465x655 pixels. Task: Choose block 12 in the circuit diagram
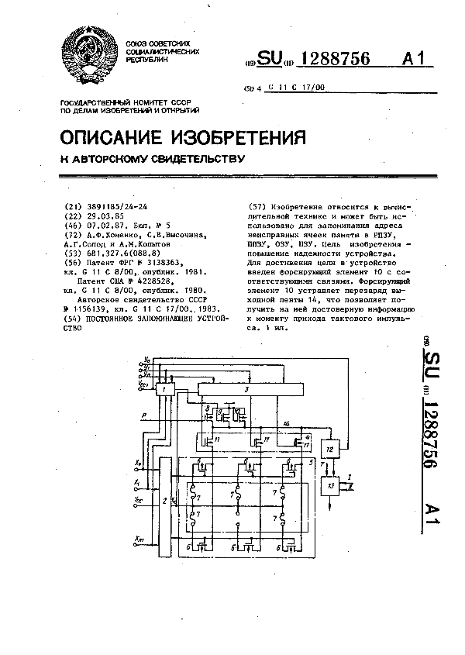329,449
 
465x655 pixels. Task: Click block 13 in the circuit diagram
332,486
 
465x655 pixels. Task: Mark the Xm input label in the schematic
138,538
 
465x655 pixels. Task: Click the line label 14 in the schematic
286,424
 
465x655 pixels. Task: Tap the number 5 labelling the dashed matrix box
309,463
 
